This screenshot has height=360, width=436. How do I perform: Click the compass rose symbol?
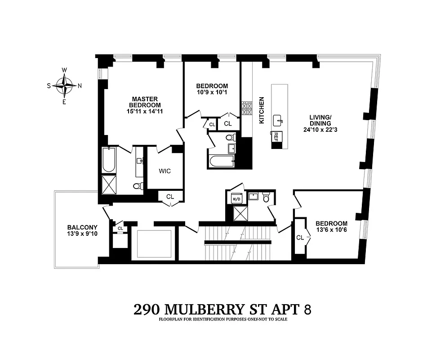pos(65,85)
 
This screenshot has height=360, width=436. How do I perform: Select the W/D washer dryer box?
pos(236,198)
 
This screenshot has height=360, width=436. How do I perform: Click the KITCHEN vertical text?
pos(261,110)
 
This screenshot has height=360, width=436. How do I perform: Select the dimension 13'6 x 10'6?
pos(331,231)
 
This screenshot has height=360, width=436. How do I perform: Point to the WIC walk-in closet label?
pos(165,171)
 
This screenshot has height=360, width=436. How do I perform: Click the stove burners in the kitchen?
pos(247,108)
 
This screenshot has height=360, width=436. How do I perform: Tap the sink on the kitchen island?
pos(279,119)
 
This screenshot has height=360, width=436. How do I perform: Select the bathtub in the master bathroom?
pos(109,161)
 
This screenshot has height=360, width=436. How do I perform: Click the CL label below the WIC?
pos(170,197)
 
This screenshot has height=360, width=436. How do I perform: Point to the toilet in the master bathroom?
pos(138,185)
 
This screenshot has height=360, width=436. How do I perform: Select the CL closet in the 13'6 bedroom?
pos(300,238)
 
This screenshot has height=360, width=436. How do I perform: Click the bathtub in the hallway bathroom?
pos(220,161)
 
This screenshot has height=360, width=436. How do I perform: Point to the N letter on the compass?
pos(80,85)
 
